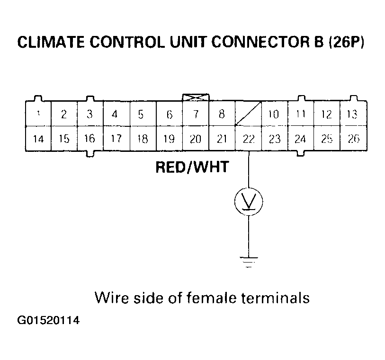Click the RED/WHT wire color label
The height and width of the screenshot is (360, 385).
tap(192, 167)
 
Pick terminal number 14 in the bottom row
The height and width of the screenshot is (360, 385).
tap(38, 139)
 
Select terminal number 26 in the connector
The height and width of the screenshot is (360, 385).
tap(353, 139)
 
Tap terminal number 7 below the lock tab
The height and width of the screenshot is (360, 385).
tap(196, 114)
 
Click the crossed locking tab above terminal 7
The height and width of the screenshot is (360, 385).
tap(196, 97)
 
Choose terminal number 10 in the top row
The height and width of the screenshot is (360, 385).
tap(274, 114)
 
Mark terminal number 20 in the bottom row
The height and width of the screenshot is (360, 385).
tap(196, 139)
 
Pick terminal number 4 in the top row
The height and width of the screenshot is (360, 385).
tap(115, 114)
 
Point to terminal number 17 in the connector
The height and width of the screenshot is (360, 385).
tap(116, 139)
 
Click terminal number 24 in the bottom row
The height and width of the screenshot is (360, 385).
tap(300, 139)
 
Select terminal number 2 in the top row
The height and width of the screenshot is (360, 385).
tap(64, 114)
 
